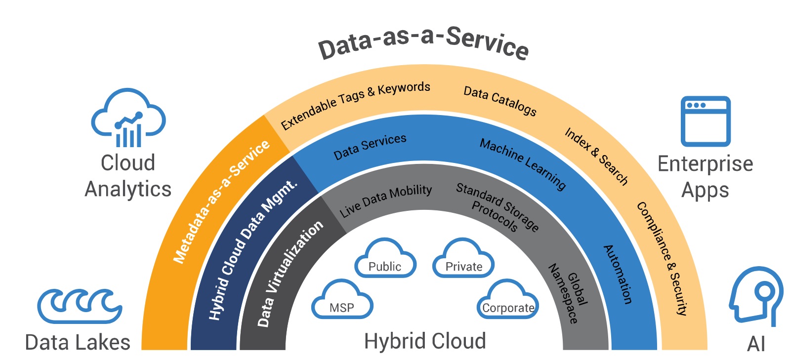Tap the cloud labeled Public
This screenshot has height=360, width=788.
(385, 260)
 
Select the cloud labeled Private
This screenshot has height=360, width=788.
(463, 260)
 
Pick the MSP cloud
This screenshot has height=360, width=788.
(342, 302)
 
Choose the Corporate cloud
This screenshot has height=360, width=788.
(508, 302)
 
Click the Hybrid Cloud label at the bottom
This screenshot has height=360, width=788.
(425, 341)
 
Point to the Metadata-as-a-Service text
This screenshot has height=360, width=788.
(221, 201)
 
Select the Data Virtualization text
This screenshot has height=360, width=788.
(290, 273)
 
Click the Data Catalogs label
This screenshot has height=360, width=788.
(499, 100)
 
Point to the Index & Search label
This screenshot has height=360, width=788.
(596, 156)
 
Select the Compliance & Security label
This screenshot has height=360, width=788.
(662, 258)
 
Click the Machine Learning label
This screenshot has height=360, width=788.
(523, 164)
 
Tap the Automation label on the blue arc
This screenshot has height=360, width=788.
(618, 274)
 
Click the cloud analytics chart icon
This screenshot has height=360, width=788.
(128, 119)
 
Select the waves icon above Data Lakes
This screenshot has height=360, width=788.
(80, 306)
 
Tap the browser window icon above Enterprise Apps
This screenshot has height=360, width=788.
(705, 121)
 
